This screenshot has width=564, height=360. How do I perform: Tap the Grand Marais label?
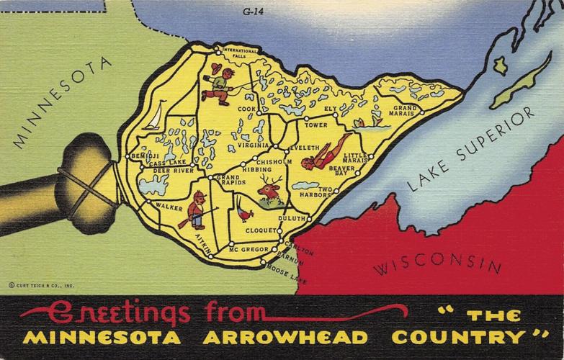404,110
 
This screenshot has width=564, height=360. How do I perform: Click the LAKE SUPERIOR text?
471,149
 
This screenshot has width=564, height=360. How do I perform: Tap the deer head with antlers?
269,189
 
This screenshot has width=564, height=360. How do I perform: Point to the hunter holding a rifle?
195,211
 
